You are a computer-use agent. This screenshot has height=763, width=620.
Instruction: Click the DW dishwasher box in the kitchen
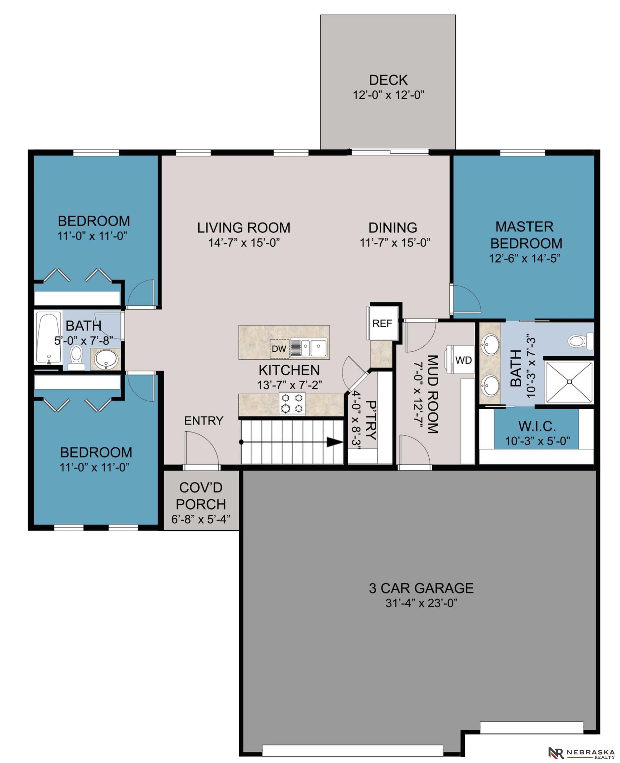(x=279, y=348)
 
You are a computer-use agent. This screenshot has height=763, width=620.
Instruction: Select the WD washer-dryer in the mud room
(x=460, y=360)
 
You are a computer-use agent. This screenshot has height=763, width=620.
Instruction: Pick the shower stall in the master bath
(x=569, y=382)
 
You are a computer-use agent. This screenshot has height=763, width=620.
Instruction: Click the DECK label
(x=388, y=80)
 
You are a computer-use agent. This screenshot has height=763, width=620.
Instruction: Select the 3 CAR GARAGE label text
(x=421, y=588)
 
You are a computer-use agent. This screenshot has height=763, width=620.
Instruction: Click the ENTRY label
(x=204, y=421)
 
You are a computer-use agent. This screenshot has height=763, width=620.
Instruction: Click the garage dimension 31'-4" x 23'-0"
(x=421, y=603)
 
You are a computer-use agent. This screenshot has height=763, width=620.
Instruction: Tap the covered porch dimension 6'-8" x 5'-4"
(x=201, y=519)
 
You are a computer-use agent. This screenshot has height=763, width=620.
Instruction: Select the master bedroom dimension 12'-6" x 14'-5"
(x=525, y=258)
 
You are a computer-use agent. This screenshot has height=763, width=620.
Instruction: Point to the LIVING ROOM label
(x=244, y=228)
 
